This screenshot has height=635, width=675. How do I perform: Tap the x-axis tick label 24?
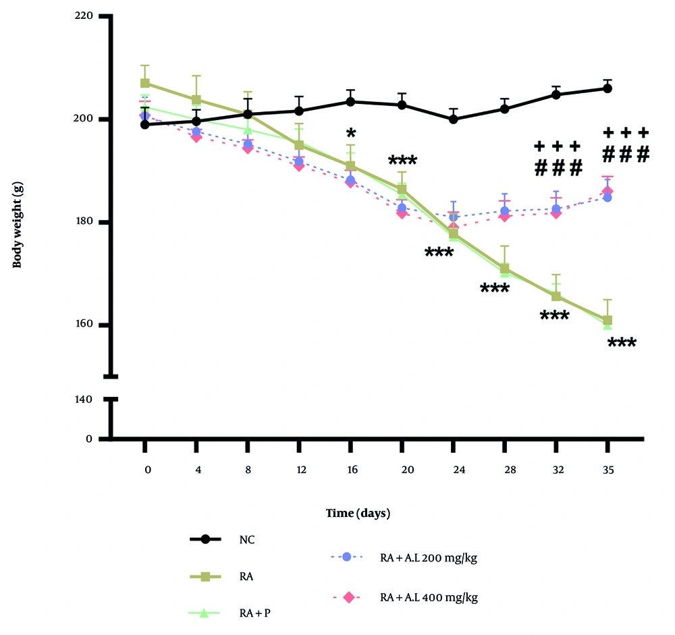453,467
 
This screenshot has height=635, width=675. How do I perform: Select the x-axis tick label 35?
607,467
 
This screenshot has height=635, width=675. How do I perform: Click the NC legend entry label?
246,539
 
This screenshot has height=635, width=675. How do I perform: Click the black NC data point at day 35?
607,88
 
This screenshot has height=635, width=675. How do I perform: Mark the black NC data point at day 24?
454,119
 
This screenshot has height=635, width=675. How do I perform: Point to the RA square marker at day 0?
144,83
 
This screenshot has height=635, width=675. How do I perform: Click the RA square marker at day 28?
505,269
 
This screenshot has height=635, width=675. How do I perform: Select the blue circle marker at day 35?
607,198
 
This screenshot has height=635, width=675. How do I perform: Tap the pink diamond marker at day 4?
196,137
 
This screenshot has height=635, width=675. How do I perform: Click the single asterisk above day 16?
350,132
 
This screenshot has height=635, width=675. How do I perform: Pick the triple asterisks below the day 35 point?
622,343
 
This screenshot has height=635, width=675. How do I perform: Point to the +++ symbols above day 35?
625,132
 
